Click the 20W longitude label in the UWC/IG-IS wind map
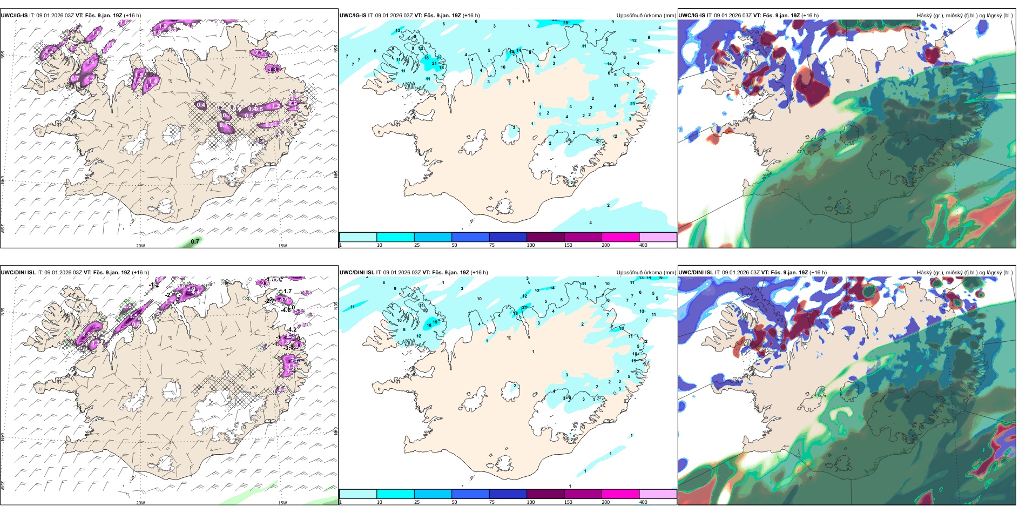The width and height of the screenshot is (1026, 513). coord(140,246)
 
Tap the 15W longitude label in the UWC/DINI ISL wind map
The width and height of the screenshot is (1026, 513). coord(282,503)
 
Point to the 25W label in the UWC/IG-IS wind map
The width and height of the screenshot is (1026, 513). coord(3,228)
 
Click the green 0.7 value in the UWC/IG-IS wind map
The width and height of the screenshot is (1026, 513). coord(195,241)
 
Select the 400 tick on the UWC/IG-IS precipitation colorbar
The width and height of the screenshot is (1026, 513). coord(643,245)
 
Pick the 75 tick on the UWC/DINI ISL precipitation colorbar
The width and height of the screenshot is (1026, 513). coord(491,502)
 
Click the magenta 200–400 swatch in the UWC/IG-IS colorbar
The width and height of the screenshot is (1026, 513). coord(620,237)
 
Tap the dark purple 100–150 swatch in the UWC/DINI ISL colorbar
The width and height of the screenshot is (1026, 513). coord(545,494)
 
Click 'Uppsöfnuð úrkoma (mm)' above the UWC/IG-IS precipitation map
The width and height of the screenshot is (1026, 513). coord(646,16)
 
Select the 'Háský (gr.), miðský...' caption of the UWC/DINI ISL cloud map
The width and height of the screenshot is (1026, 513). coord(964,273)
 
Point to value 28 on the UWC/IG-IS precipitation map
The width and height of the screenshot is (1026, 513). coord(565,23)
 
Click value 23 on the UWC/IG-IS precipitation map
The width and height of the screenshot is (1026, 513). coord(632,104)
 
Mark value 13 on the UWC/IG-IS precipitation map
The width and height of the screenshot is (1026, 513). coord(398,30)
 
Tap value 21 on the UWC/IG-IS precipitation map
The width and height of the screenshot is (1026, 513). coord(434,63)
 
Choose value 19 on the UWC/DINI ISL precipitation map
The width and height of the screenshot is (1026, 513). coord(435,322)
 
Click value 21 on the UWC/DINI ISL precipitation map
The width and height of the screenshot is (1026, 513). coord(524,307)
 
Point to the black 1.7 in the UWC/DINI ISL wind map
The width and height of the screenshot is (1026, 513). coord(288,292)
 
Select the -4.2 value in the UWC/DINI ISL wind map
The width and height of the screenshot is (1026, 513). coord(292,329)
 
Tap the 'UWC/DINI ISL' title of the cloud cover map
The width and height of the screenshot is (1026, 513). coord(697,273)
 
